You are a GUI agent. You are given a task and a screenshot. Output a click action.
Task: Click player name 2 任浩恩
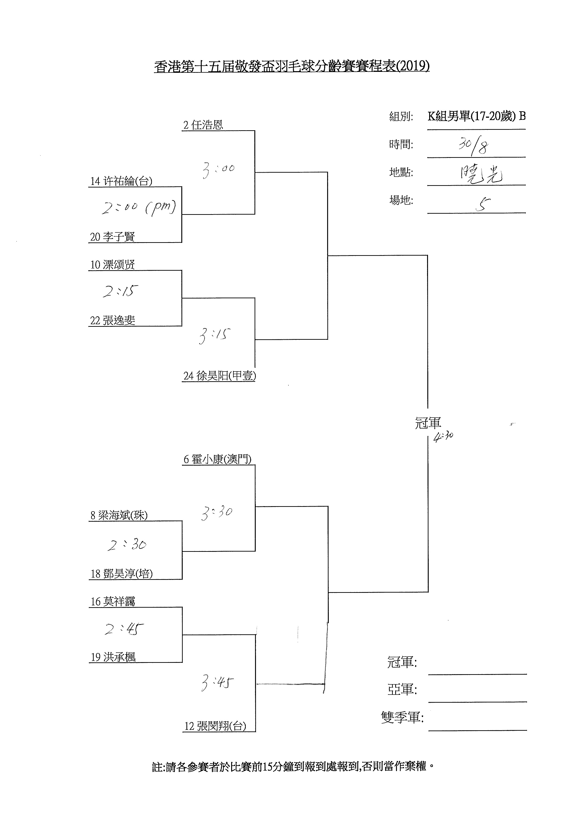pos(203,125)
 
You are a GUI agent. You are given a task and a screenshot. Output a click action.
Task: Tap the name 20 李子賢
pos(112,237)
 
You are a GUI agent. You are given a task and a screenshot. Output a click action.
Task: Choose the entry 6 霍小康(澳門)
pos(217,459)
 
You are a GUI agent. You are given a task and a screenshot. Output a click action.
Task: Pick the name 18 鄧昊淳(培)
pos(121,574)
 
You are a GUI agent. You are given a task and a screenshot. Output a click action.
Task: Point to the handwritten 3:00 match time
pos(218,170)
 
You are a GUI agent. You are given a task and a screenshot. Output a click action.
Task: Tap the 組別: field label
pos(401,117)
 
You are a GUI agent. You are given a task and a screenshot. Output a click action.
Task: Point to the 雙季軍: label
pos(402,717)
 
